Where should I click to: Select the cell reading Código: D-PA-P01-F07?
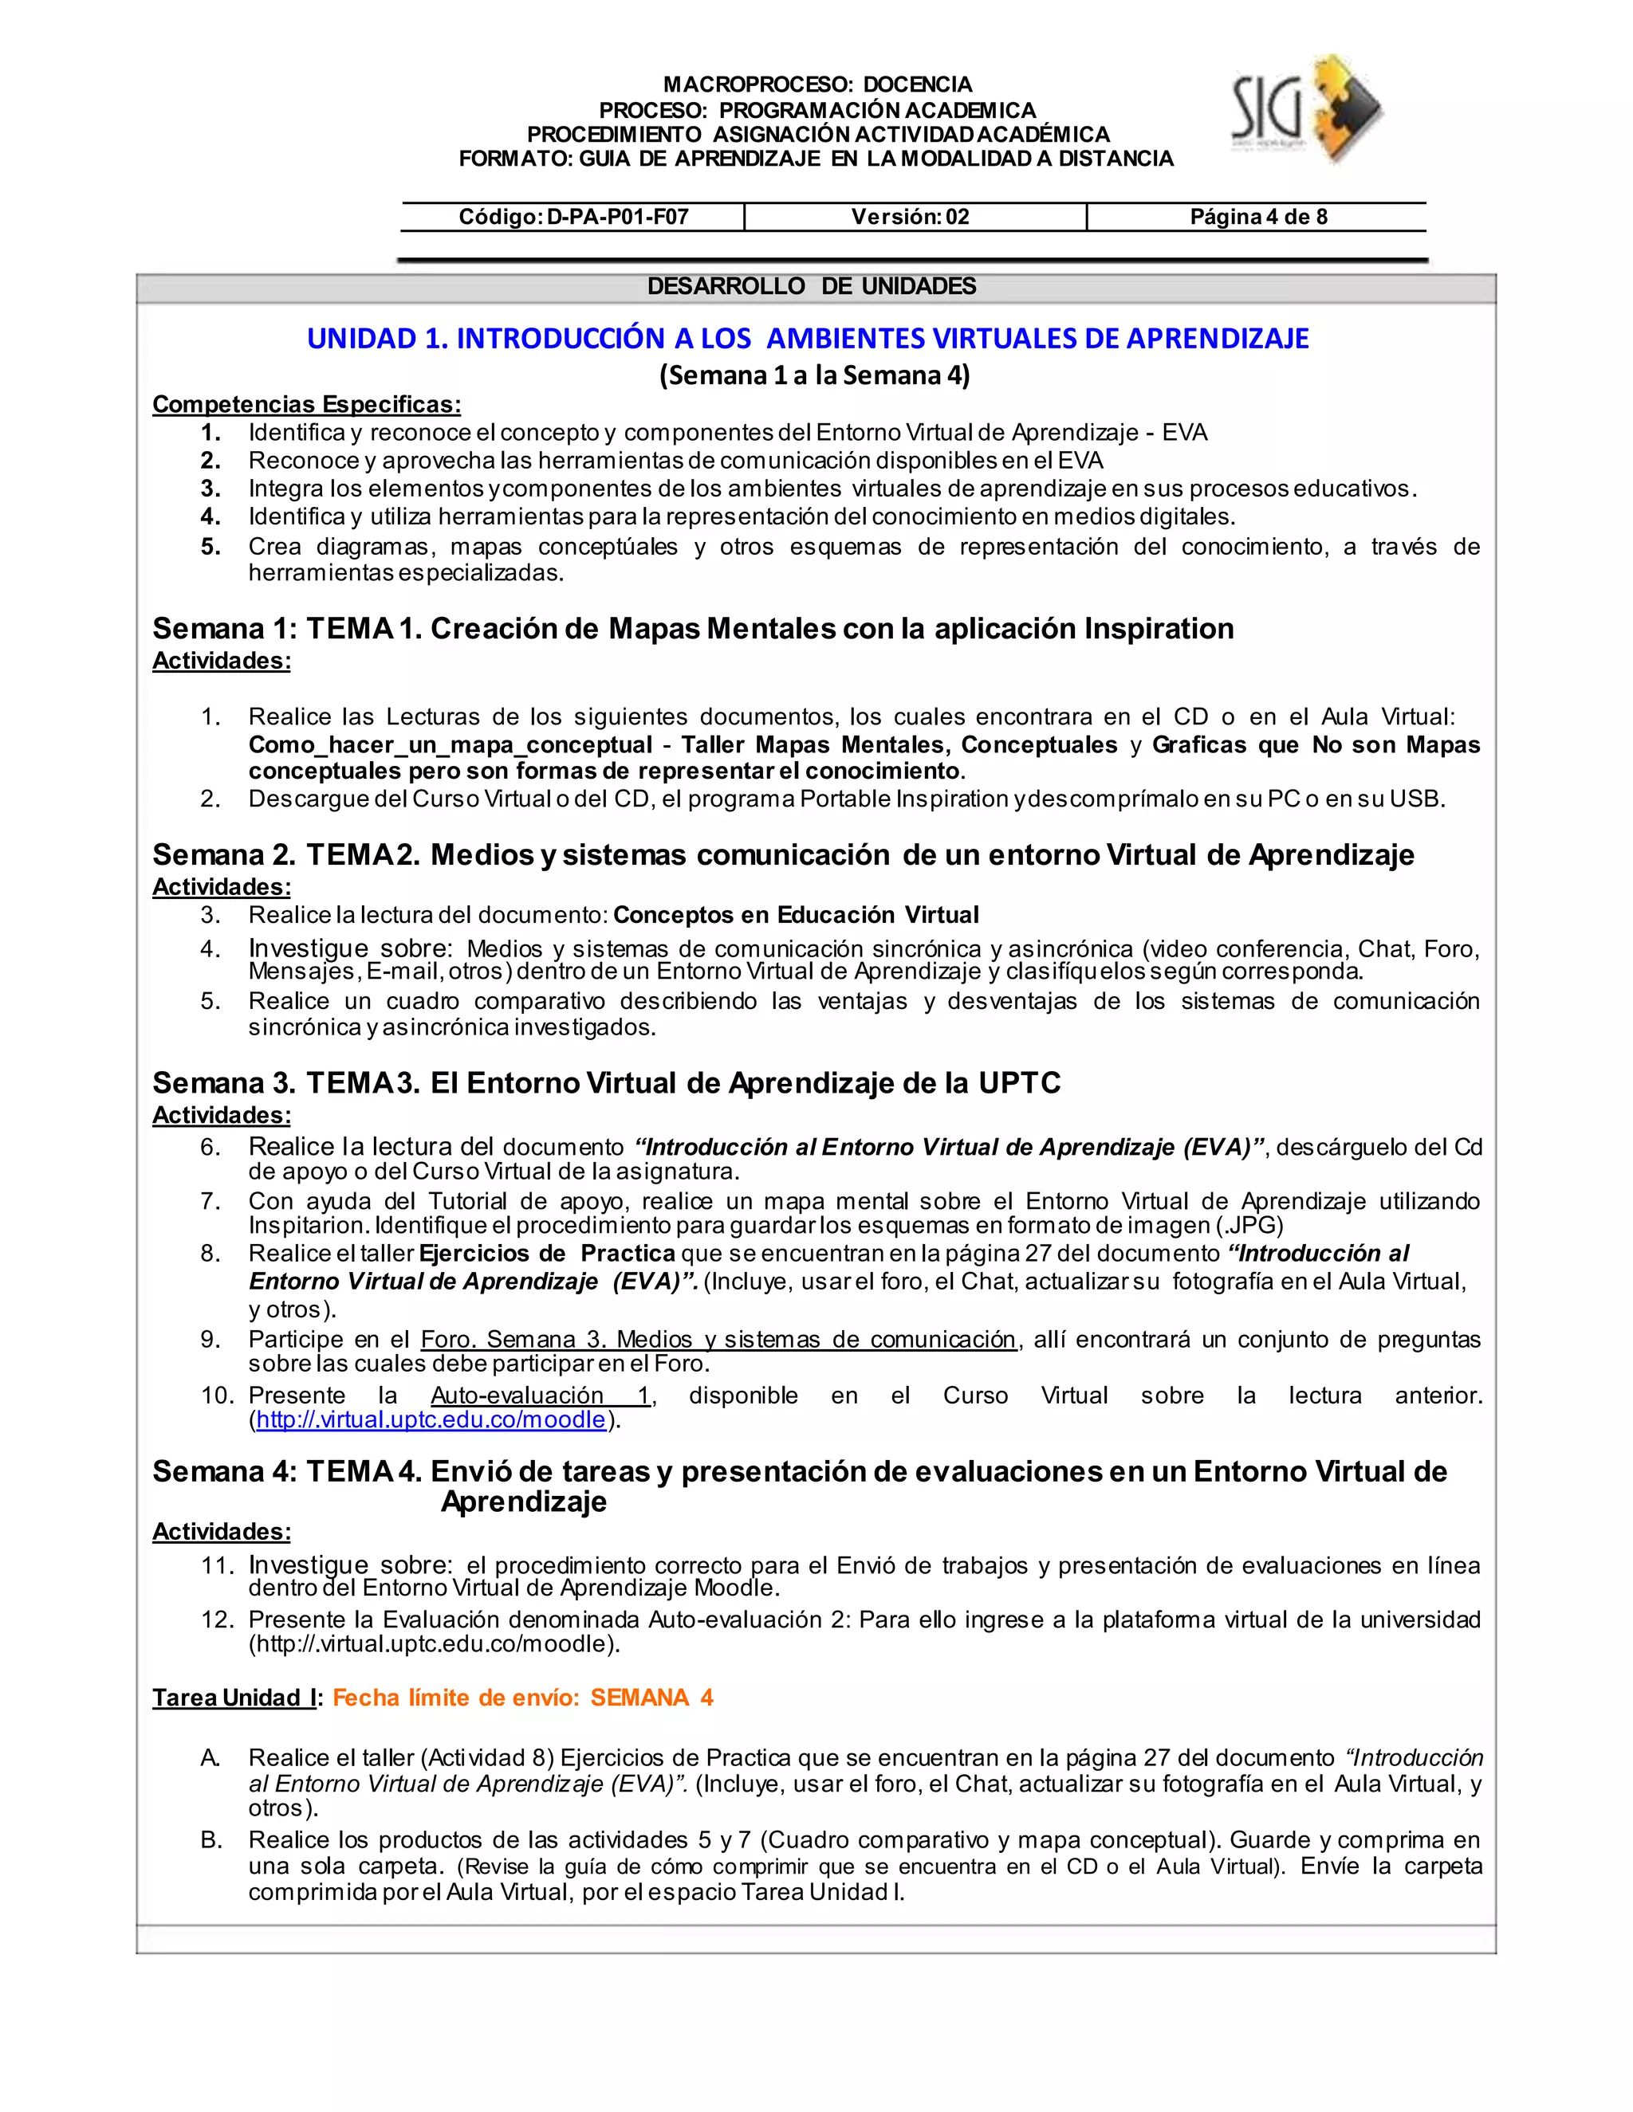(x=573, y=217)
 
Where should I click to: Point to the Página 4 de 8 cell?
(x=1257, y=217)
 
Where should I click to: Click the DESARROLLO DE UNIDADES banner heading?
(x=811, y=286)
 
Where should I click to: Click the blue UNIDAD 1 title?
(x=808, y=339)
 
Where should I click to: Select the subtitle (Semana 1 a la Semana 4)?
(x=815, y=375)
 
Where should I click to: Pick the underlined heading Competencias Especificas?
(x=307, y=404)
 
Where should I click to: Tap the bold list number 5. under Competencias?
(x=211, y=547)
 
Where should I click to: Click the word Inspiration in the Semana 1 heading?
(x=1158, y=629)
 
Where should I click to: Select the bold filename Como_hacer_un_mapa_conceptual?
(x=450, y=744)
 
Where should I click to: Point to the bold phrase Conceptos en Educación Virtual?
(x=795, y=915)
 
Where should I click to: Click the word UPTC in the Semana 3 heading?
(x=1020, y=1083)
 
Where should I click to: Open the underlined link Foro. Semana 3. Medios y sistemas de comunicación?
(x=718, y=1340)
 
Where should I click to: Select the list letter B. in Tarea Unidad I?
(x=211, y=1840)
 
